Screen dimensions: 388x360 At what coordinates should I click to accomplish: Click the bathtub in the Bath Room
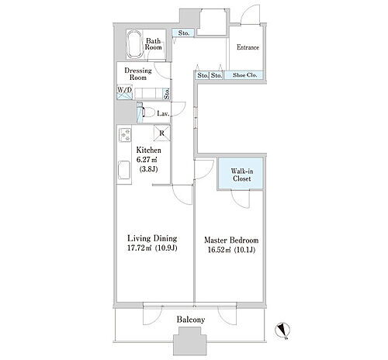[134, 45]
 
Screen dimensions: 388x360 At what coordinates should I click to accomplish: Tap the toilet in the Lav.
[147, 112]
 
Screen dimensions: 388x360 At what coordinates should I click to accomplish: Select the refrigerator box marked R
[162, 133]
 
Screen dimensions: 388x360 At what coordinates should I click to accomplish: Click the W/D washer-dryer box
[125, 92]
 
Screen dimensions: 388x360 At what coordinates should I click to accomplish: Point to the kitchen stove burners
[125, 134]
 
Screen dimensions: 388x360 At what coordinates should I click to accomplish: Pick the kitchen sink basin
[124, 170]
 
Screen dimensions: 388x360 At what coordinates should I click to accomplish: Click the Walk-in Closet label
[241, 175]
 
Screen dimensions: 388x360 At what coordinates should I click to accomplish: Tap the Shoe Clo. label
[244, 75]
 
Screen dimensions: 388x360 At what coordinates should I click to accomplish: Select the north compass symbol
[282, 331]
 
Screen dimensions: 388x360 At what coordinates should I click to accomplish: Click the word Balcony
[191, 320]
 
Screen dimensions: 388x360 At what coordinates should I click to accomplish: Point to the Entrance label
[248, 47]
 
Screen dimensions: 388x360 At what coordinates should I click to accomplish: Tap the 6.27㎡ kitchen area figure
[147, 160]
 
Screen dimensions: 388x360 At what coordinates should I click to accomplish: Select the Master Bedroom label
[231, 241]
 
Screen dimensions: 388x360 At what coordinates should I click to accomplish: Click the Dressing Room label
[138, 74]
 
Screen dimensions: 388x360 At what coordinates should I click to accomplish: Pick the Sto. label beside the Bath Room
[183, 33]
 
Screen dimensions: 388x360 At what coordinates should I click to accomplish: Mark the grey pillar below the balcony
[190, 341]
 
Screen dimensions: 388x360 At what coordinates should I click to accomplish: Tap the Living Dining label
[152, 238]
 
